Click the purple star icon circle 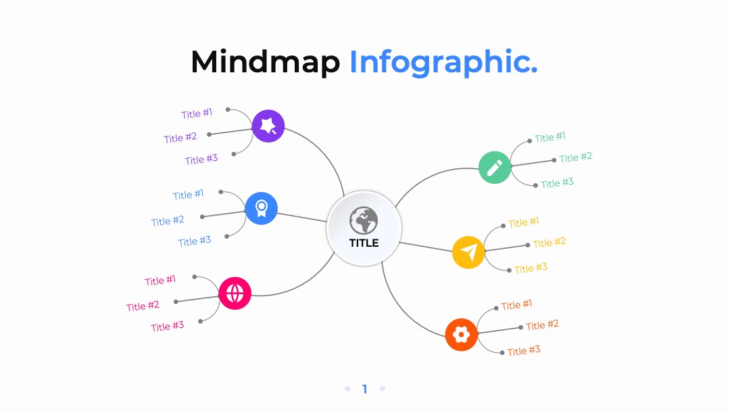click(268, 126)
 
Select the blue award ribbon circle click(261, 208)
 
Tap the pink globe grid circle click(235, 293)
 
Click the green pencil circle click(495, 168)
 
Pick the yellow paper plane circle click(468, 252)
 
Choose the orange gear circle click(462, 335)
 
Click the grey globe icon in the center click(364, 220)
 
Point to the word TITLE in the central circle click(364, 243)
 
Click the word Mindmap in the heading click(266, 62)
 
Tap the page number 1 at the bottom click(365, 389)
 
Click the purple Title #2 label click(180, 137)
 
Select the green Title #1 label click(550, 137)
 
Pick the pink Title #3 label click(167, 326)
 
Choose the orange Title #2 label click(542, 325)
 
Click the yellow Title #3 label click(531, 268)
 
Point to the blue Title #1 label click(188, 194)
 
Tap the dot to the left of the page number click(347, 389)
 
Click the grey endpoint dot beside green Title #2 click(554, 160)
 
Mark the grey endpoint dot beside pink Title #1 click(195, 277)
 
